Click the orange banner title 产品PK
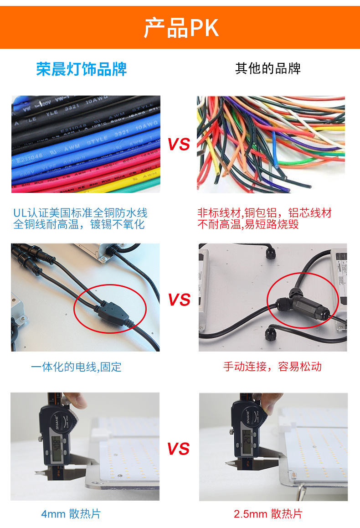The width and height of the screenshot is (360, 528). pyautogui.click(x=181, y=28)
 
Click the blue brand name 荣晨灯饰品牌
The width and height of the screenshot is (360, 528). pyautogui.click(x=82, y=69)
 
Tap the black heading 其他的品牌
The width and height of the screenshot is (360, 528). pyautogui.click(x=268, y=68)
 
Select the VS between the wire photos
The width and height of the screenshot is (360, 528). pyautogui.click(x=179, y=145)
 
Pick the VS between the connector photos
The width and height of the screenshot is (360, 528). pyautogui.click(x=179, y=300)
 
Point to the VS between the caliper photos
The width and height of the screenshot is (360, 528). pyautogui.click(x=178, y=449)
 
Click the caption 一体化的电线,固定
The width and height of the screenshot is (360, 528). pyautogui.click(x=76, y=367)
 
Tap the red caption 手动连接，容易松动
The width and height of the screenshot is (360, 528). pyautogui.click(x=273, y=366)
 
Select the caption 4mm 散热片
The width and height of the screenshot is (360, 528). pyautogui.click(x=71, y=514)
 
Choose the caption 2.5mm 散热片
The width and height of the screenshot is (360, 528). pyautogui.click(x=268, y=514)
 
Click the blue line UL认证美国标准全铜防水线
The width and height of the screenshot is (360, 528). pyautogui.click(x=80, y=213)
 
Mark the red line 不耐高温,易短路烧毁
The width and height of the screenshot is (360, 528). pyautogui.click(x=248, y=224)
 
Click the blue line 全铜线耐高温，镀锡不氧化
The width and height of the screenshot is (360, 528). pyautogui.click(x=79, y=224)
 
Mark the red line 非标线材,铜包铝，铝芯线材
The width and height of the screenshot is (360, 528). pyautogui.click(x=264, y=213)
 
